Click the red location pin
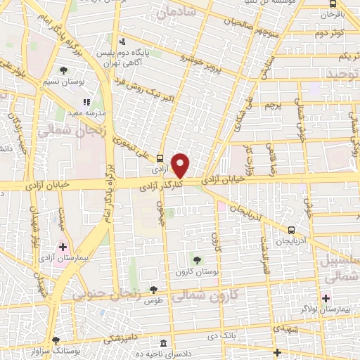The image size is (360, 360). click(x=181, y=165)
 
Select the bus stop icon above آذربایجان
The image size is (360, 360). click(x=291, y=230)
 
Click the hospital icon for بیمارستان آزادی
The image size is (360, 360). click(x=63, y=247)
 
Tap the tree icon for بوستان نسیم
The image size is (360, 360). click(x=64, y=70)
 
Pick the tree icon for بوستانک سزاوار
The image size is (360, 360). click(x=56, y=340)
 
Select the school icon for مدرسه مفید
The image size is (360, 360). click(x=87, y=102)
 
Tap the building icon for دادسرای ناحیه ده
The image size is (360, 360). click(x=164, y=344)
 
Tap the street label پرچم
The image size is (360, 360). click(x=271, y=105)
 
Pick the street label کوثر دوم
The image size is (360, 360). click(x=329, y=33)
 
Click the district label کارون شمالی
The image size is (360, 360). click(x=208, y=295)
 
